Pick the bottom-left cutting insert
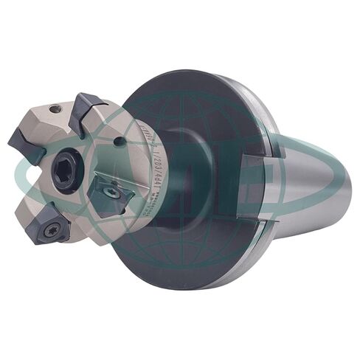coord(54,227)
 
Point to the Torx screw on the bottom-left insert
coord(53,229)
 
